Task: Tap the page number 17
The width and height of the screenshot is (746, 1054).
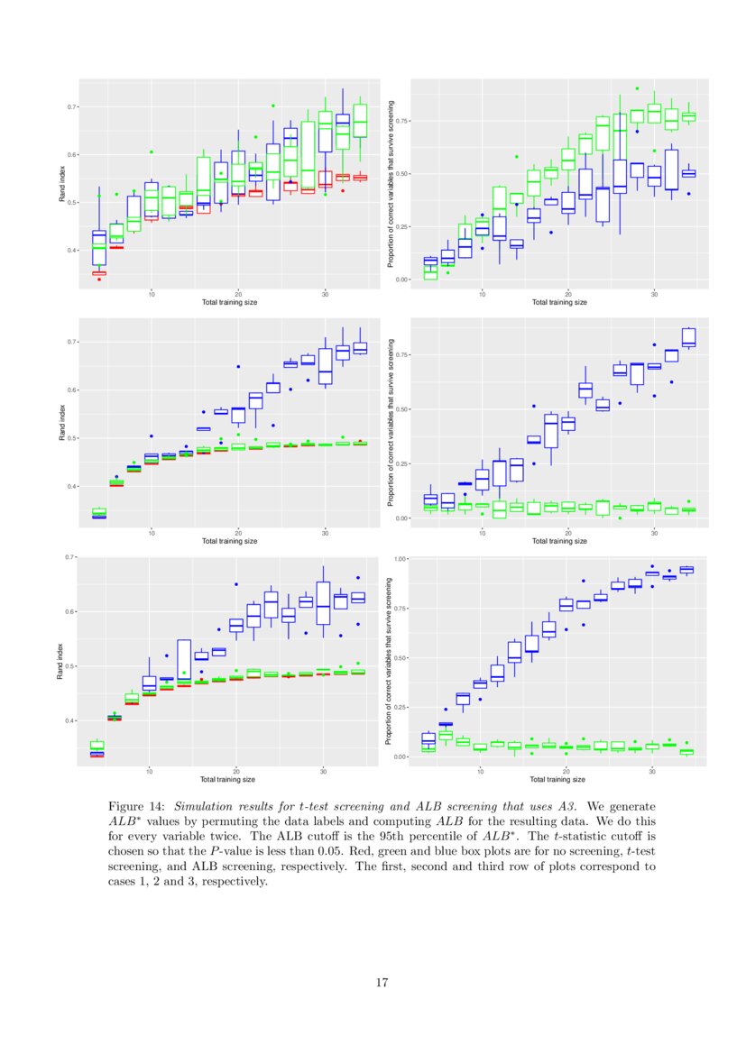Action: (x=382, y=982)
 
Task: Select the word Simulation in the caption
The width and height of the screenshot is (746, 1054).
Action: (x=203, y=806)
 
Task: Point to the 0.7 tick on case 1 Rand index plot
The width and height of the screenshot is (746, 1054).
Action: (x=71, y=107)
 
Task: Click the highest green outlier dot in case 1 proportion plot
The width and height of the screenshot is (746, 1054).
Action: (x=636, y=88)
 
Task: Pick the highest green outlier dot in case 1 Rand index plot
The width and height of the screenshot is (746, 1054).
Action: (x=272, y=105)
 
